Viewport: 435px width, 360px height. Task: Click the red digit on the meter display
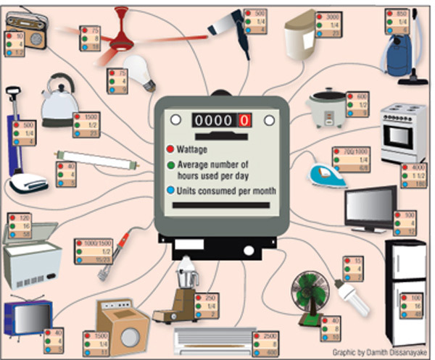(245, 120)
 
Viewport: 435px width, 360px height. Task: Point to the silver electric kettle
(58, 101)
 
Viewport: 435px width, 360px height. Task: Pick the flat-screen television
(370, 206)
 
